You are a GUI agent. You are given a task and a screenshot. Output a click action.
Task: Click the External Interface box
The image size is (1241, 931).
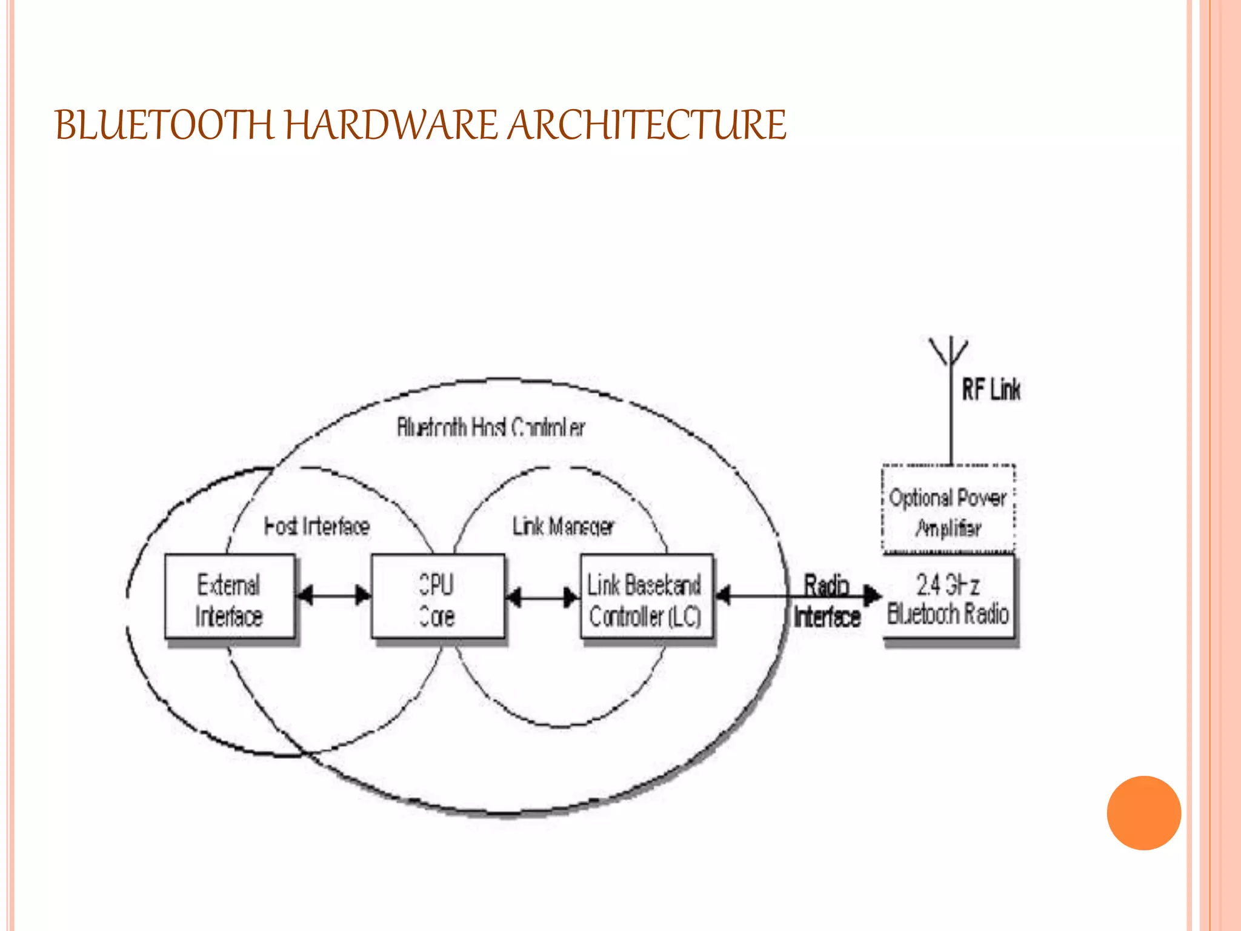click(x=230, y=597)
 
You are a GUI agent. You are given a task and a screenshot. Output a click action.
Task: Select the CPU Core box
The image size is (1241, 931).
click(x=438, y=597)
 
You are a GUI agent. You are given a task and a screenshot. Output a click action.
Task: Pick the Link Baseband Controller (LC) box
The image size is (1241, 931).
click(x=646, y=597)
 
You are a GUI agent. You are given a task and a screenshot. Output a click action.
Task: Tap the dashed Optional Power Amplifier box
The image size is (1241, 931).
click(x=948, y=510)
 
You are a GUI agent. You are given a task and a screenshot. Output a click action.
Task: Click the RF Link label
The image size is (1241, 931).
click(x=991, y=389)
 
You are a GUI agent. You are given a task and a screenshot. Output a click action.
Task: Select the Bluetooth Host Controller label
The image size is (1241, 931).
click(x=491, y=427)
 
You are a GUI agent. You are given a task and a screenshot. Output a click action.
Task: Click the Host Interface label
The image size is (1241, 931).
click(x=317, y=526)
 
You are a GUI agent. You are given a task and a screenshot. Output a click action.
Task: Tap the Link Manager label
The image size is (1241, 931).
click(x=564, y=526)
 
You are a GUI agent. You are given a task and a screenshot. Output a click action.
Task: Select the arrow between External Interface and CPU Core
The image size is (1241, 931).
click(x=334, y=595)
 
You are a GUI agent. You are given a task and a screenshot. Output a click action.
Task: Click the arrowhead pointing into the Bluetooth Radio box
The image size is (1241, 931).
click(x=873, y=595)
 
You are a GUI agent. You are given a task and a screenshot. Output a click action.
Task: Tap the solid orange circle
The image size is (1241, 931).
click(x=1143, y=813)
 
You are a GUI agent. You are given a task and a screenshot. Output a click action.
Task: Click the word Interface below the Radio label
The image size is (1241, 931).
click(x=827, y=616)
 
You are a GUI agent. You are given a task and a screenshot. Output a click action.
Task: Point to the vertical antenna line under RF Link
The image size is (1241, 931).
click(x=951, y=418)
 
